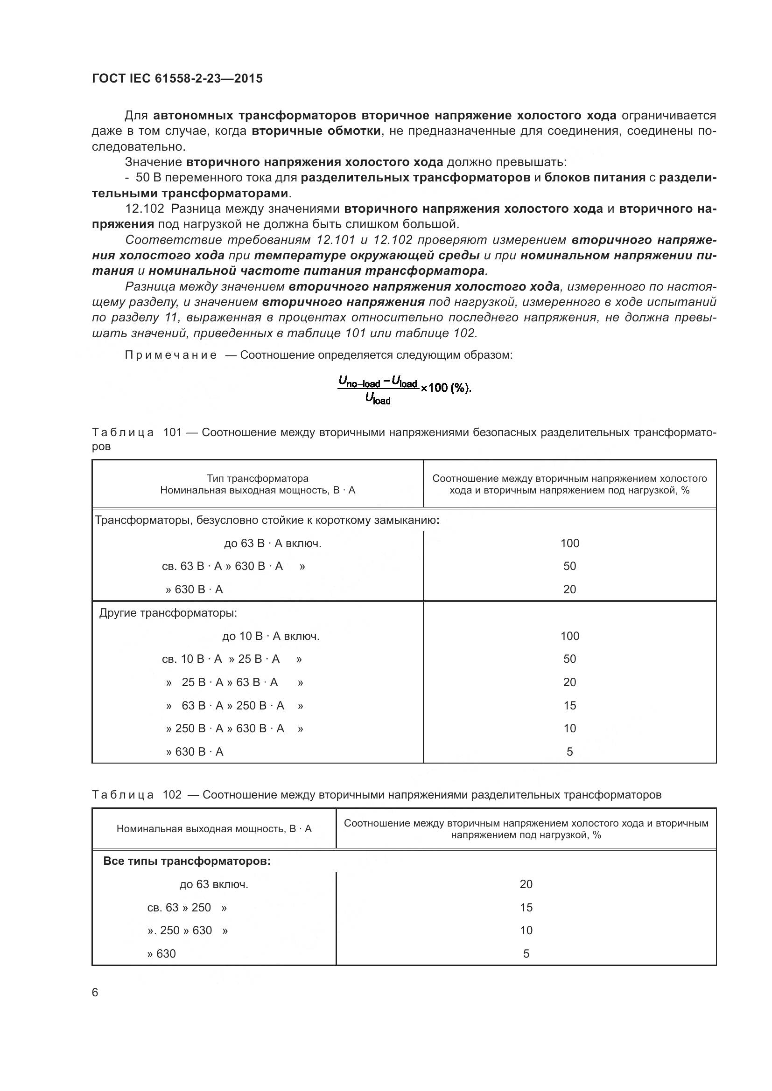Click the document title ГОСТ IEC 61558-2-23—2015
(x=177, y=78)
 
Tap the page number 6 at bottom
(x=95, y=993)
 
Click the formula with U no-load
(x=404, y=389)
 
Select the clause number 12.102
(x=145, y=208)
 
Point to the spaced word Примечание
(x=171, y=355)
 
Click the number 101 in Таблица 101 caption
(x=173, y=432)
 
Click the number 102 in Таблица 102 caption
(x=172, y=795)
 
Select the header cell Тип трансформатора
(x=257, y=479)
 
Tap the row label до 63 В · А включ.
(x=273, y=543)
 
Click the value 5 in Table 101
(x=569, y=752)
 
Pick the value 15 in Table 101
(x=569, y=706)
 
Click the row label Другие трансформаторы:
(x=168, y=613)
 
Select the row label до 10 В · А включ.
(x=271, y=636)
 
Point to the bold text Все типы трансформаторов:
(x=187, y=862)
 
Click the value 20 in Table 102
(x=526, y=884)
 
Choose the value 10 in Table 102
(x=526, y=931)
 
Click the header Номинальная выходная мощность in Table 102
(x=214, y=829)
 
